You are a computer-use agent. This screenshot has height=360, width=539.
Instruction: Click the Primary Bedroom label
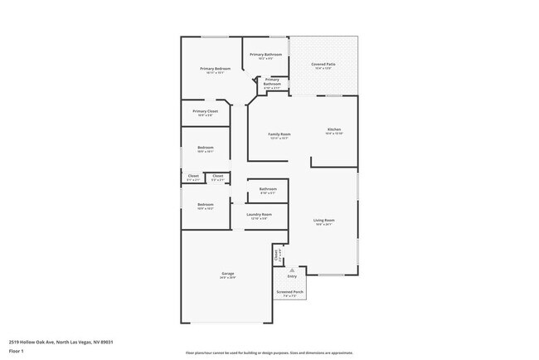coord(211,68)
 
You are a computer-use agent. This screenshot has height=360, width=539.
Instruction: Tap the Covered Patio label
coord(323,64)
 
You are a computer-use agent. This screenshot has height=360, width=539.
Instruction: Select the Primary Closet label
coord(205,111)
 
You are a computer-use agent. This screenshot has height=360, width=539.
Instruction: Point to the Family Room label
coord(279,134)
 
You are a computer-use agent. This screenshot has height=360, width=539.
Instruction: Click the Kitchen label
coord(333,129)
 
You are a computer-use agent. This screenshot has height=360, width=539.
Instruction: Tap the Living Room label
coord(323,220)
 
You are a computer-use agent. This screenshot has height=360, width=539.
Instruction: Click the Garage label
coord(227,274)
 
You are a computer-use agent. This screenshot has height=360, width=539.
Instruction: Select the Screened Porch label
coord(290,292)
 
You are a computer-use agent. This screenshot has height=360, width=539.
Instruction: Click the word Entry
coord(292,276)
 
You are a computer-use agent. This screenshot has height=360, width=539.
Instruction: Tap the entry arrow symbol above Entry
coord(292,270)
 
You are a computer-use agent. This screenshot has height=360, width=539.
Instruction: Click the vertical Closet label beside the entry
coord(276,256)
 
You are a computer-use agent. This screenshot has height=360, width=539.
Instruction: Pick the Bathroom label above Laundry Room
coord(267,189)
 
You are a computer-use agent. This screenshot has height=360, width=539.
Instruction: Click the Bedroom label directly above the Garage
coord(205,204)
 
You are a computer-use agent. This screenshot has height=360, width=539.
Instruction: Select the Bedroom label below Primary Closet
coord(205,148)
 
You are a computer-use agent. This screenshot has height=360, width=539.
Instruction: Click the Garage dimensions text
coord(227,278)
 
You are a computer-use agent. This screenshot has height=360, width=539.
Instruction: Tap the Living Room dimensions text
coord(323,224)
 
